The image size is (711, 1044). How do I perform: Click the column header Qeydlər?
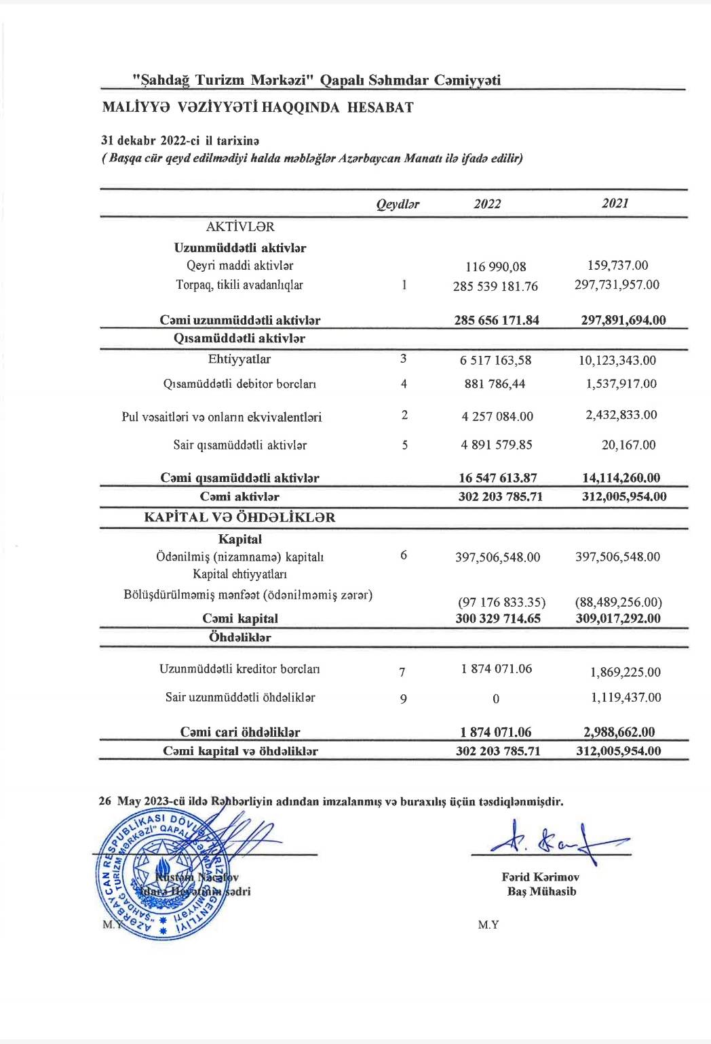tap(398, 204)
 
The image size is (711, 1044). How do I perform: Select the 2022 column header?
tap(487, 204)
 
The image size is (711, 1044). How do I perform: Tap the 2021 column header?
tap(615, 203)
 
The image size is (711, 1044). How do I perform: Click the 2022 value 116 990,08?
tap(496, 267)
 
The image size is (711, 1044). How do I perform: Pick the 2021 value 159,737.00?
tap(617, 266)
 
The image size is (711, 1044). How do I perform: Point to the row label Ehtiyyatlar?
tap(239, 359)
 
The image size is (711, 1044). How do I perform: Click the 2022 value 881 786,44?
tap(495, 384)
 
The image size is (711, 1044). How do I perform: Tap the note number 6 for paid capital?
tap(404, 556)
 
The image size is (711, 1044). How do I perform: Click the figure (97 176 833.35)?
tap(501, 602)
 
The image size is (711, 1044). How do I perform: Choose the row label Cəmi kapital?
tap(240, 618)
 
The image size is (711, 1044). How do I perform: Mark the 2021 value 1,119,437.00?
tap(626, 698)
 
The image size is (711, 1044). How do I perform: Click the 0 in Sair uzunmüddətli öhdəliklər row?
tap(496, 699)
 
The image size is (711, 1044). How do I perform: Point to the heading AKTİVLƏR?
tap(240, 227)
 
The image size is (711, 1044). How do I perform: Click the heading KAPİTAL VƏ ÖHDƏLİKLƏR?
tap(239, 517)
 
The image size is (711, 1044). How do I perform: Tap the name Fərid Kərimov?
tap(541, 877)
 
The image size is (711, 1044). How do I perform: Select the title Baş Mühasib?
tap(541, 891)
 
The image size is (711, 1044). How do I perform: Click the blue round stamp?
tap(161, 875)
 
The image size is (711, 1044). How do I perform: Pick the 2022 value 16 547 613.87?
tap(499, 478)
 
